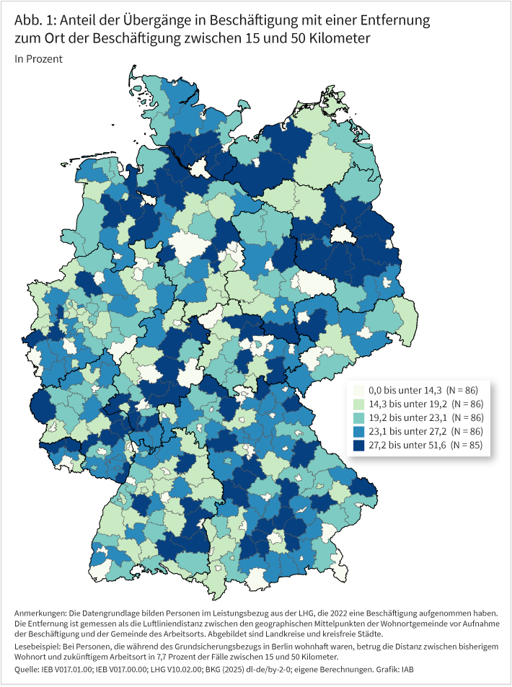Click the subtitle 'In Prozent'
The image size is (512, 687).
click(38, 59)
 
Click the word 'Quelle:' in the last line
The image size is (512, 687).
click(27, 670)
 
